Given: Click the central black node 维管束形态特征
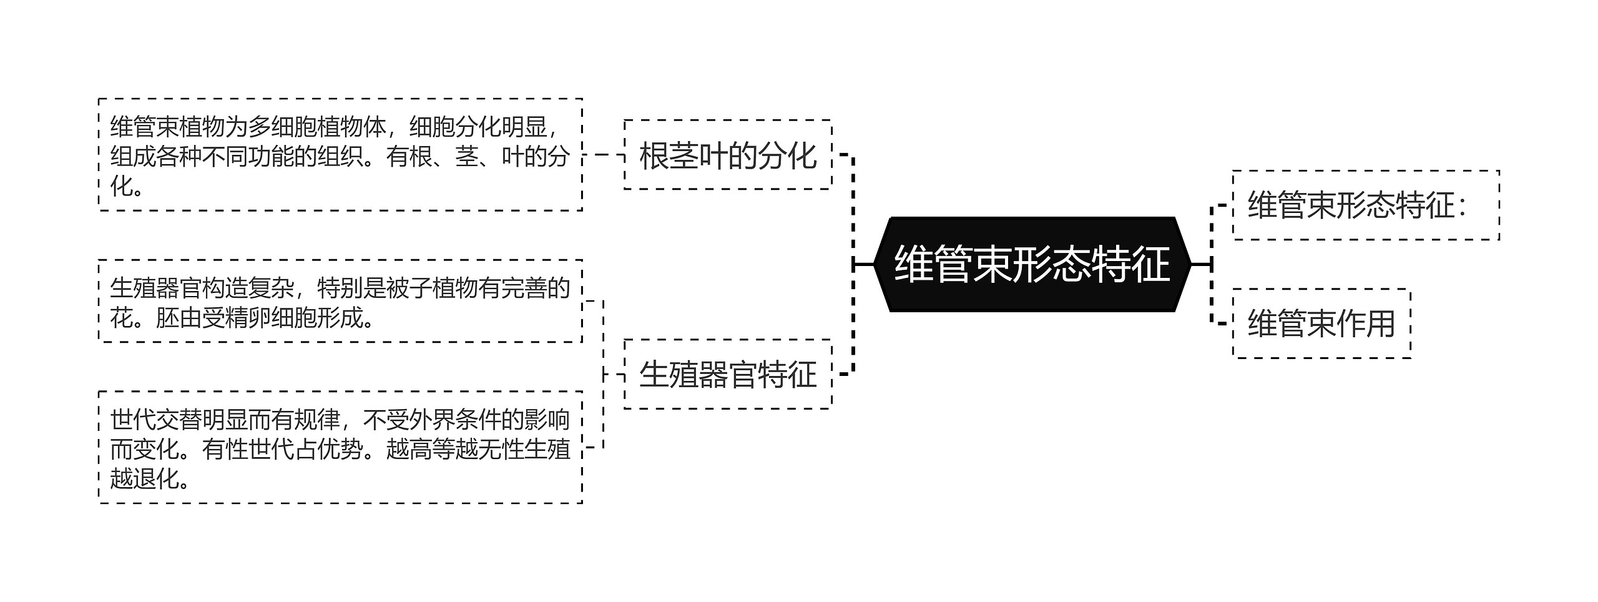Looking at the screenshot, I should pos(1032,264).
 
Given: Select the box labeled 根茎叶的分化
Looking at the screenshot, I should pos(728,155).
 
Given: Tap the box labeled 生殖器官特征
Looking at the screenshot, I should pos(728,374).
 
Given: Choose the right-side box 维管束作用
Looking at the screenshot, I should pos(1321,323).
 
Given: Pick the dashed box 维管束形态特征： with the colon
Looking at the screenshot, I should pos(1365,205).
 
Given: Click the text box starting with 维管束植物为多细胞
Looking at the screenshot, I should pos(340,155).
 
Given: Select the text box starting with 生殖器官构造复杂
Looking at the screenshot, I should pos(340,302).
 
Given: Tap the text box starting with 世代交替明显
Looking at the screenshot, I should pos(340,447).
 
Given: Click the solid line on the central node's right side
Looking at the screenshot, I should pos(1200,264).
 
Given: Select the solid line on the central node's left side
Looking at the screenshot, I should pos(864,264).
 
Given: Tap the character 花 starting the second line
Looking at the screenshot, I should pos(122,318).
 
